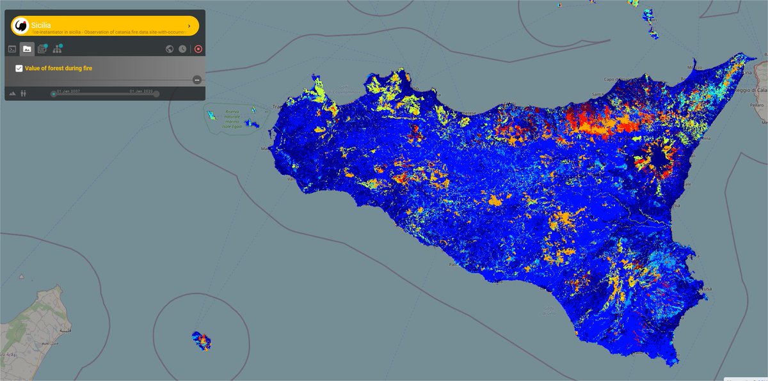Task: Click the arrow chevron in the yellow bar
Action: pyautogui.click(x=189, y=26)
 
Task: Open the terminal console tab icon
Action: pyautogui.click(x=12, y=49)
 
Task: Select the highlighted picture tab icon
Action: pyautogui.click(x=27, y=49)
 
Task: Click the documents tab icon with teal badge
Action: pyautogui.click(x=42, y=49)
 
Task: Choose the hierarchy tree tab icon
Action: pyautogui.click(x=58, y=49)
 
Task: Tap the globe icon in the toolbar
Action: pyautogui.click(x=170, y=49)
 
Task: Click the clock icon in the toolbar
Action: pyautogui.click(x=183, y=49)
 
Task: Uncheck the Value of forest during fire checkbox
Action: pyautogui.click(x=19, y=68)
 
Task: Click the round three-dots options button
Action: pyautogui.click(x=197, y=79)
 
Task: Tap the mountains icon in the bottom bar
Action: pyautogui.click(x=12, y=93)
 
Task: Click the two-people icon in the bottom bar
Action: pyautogui.click(x=24, y=93)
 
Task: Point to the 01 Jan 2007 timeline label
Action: pyautogui.click(x=68, y=91)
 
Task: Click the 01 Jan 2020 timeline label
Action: pyautogui.click(x=141, y=91)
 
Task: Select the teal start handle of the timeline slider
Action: pyautogui.click(x=54, y=94)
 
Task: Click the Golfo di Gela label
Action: pyautogui.click(x=547, y=309)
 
